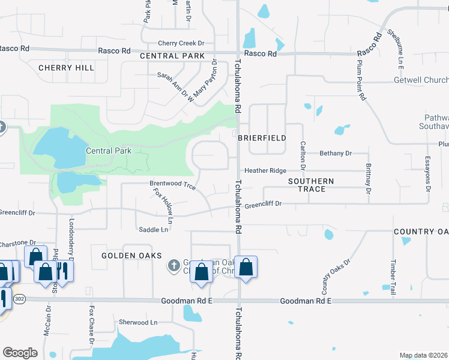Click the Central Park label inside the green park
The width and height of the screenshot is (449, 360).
(x=108, y=151)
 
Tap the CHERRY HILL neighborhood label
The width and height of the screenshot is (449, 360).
(x=66, y=68)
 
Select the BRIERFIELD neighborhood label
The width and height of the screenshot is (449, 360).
(x=262, y=137)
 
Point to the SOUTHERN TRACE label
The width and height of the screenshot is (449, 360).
(x=311, y=185)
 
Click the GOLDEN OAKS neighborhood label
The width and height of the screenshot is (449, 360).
(x=131, y=256)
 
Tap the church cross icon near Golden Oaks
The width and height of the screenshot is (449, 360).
(x=174, y=265)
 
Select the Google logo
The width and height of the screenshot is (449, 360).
(x=20, y=352)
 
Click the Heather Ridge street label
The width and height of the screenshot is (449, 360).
(x=265, y=171)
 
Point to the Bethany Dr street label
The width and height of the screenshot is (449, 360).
(x=335, y=154)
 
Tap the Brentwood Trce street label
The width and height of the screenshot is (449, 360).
(x=172, y=185)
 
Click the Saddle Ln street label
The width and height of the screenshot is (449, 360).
(x=153, y=229)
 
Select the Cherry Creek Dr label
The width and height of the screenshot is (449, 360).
(x=181, y=43)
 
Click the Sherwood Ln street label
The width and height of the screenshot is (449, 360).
(x=137, y=322)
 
